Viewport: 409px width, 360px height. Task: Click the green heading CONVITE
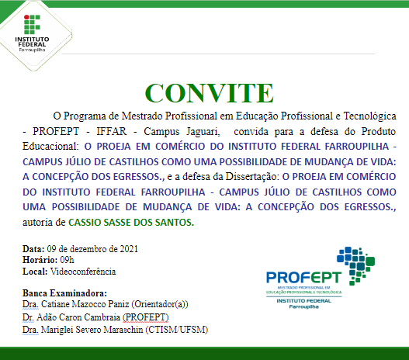204,92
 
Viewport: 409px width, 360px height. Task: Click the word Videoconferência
82,272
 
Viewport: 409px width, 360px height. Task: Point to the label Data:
33,248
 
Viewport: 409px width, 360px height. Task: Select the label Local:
35,272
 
